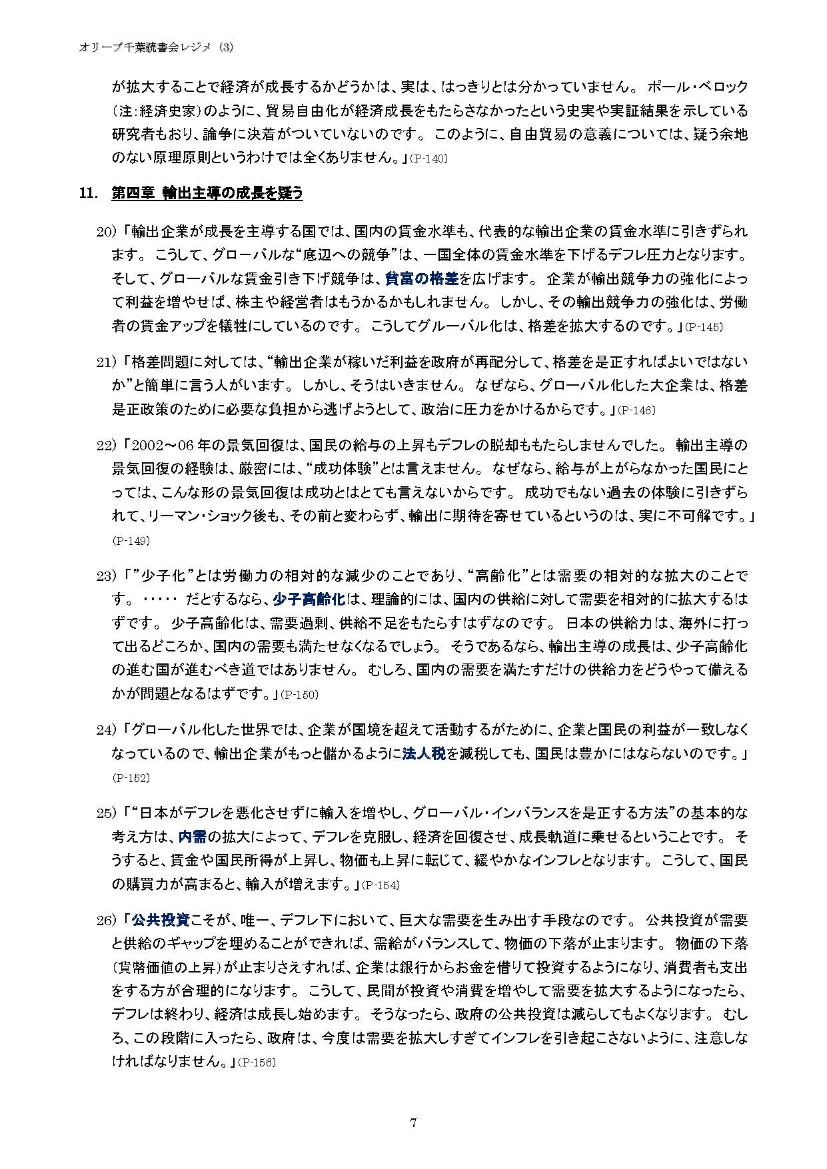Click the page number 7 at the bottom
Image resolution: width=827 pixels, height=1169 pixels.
click(x=413, y=1123)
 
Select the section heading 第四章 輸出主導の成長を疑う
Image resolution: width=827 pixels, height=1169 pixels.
click(x=207, y=193)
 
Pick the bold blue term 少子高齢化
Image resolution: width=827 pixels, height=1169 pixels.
click(x=309, y=598)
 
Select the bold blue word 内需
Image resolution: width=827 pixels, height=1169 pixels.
click(x=193, y=836)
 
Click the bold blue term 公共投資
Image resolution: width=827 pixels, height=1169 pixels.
click(x=161, y=920)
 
